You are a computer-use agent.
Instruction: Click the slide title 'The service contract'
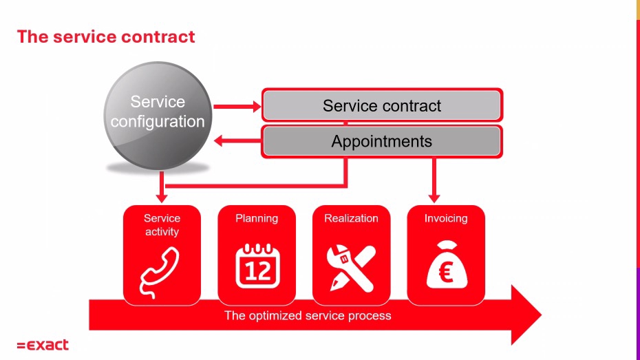(106, 36)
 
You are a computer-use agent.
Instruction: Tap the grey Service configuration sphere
(158, 116)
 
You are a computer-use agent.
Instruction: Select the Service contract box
(382, 105)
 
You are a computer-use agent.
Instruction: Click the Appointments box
(382, 141)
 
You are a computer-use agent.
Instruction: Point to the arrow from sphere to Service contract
(237, 107)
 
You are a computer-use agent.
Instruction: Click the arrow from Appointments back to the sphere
(237, 141)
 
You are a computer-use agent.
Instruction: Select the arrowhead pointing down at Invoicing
(434, 198)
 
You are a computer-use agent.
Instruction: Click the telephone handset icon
(160, 271)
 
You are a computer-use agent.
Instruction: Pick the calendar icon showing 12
(257, 265)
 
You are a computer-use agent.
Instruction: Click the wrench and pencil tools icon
(351, 268)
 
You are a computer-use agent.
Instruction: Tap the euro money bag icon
(447, 264)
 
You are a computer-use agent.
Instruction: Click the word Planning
(257, 218)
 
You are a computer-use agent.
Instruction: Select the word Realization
(351, 218)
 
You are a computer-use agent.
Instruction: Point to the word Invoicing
(446, 218)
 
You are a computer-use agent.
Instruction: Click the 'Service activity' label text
(162, 225)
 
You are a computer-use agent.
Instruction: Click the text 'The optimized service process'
(308, 315)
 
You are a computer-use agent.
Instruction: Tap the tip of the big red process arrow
(542, 315)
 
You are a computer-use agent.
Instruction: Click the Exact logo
(43, 346)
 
